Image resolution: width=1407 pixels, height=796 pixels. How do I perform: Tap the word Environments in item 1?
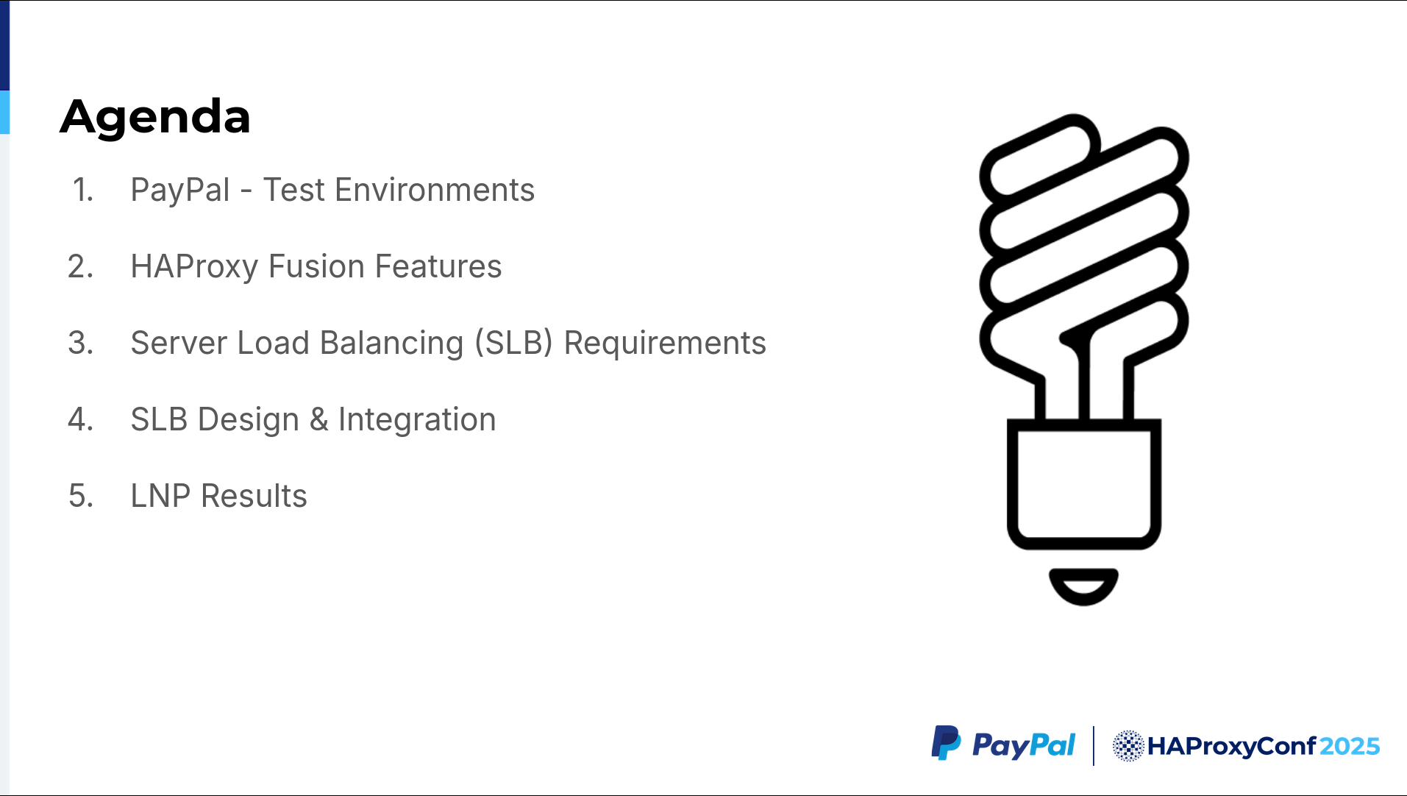pos(435,190)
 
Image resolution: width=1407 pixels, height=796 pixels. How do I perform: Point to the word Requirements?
pos(665,344)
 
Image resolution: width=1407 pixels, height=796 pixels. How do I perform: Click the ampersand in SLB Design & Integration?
pos(318,419)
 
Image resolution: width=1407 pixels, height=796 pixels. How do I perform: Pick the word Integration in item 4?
pos(417,420)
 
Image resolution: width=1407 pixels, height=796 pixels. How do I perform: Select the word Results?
pos(254,496)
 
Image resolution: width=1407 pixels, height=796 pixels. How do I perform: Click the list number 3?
pos(80,343)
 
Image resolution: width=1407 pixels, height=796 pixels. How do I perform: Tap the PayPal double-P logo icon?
pos(946,743)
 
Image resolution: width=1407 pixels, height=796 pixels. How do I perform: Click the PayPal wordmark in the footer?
pos(1023,746)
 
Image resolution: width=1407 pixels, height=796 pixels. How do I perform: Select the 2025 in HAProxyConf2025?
pos(1350,747)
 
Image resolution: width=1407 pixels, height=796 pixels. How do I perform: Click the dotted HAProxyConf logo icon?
pos(1128,746)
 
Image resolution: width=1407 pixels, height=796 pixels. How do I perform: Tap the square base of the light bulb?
pos(1083,484)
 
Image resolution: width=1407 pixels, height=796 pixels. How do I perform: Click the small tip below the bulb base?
pos(1083,586)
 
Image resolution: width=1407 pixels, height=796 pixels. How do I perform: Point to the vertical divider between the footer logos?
pos(1094,746)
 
